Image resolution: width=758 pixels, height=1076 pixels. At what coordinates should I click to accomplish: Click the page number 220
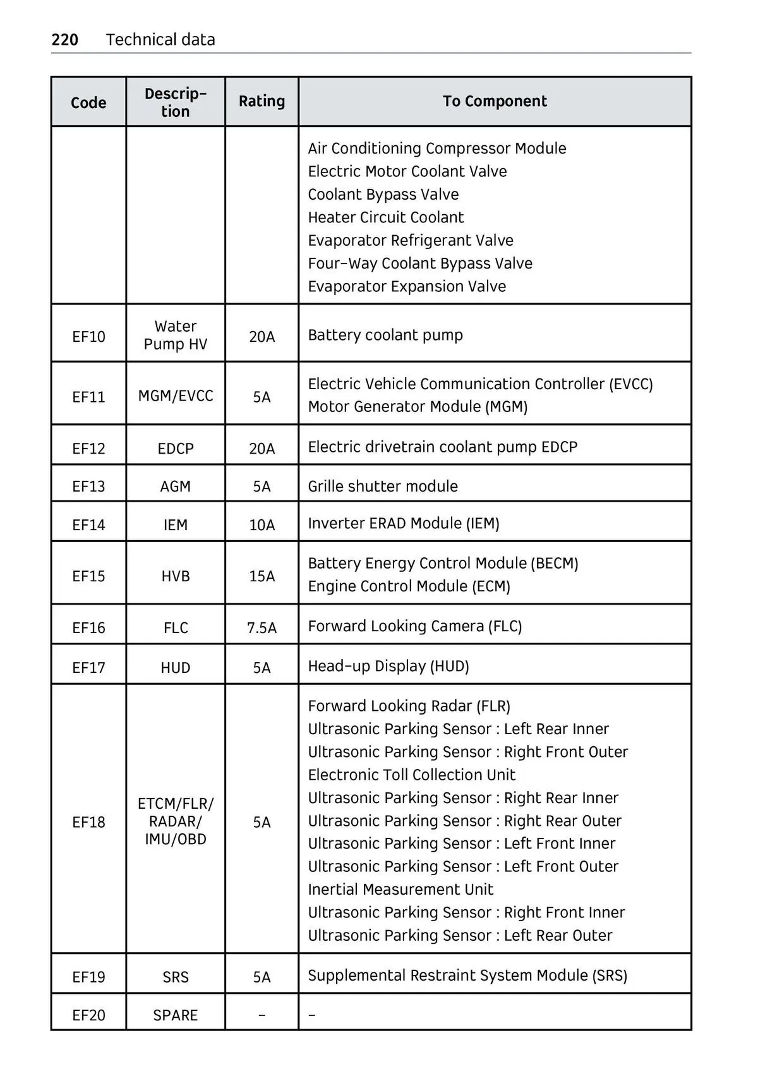coord(64,40)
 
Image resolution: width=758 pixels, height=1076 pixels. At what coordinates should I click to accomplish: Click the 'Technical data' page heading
coord(160,40)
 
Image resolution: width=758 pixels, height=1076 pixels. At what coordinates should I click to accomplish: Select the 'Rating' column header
coord(262,101)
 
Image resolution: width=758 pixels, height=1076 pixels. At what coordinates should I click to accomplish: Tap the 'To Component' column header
coord(495,101)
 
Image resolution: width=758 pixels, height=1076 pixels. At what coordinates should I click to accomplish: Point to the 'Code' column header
coord(88,102)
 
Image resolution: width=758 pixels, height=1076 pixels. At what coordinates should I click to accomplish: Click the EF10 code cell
coord(88,336)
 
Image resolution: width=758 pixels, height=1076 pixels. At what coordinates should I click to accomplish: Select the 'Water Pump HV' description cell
coord(176,335)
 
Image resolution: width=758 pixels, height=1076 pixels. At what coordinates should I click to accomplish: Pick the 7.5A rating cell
coord(262,627)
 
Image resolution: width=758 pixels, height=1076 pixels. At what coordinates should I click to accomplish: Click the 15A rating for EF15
coord(262,576)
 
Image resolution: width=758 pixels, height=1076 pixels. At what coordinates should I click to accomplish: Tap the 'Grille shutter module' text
coord(383,486)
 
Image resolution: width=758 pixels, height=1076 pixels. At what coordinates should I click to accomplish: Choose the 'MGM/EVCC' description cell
coord(176,396)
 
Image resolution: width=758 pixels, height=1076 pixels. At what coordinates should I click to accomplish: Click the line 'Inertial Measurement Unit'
coord(400,889)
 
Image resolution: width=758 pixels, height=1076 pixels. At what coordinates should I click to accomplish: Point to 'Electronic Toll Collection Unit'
coord(412,775)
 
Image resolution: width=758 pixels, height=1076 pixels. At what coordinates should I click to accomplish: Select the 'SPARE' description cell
coord(176,1015)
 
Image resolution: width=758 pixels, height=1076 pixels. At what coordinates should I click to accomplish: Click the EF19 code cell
coord(88,977)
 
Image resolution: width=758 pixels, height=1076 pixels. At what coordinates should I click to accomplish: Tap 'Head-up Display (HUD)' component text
coord(388,666)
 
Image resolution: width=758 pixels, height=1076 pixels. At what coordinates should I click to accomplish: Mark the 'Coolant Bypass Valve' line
coord(383,194)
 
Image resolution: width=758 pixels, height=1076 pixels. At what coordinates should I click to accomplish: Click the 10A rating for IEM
coord(262,524)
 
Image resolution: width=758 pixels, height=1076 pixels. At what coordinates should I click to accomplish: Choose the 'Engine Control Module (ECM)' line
coord(409,586)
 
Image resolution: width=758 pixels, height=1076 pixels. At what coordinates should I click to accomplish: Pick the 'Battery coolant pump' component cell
coord(385,335)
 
